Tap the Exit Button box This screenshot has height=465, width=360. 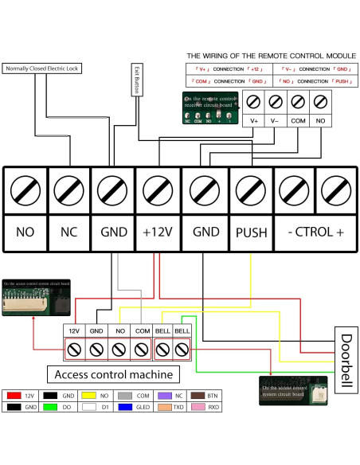tap(136, 80)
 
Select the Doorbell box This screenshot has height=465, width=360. tap(345, 361)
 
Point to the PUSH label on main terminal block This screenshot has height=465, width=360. tap(251, 234)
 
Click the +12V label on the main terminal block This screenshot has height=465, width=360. tap(158, 234)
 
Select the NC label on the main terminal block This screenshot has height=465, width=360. tap(68, 234)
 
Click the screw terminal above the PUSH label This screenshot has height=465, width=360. tap(251, 190)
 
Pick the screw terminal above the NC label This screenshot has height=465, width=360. tap(68, 190)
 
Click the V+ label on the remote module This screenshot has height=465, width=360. tap(255, 120)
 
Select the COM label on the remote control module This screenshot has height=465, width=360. tap(298, 120)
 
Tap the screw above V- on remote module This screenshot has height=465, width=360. tap(276, 102)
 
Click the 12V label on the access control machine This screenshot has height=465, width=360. tap(74, 329)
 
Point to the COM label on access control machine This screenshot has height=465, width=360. tap(142, 329)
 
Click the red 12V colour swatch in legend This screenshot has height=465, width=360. tap(14, 394)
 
